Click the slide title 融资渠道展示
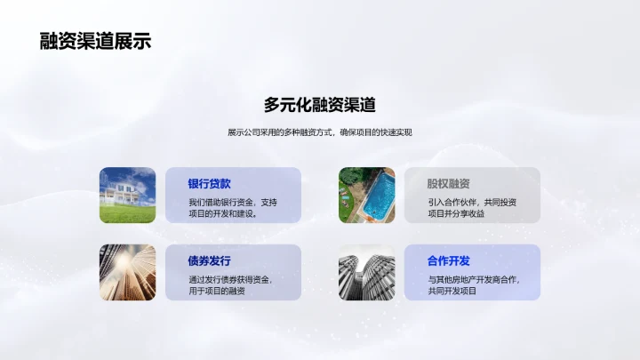pos(95,41)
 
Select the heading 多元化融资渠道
pos(320,105)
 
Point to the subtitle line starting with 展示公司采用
pos(320,132)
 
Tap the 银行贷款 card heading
pos(210,184)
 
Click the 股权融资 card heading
pos(449,184)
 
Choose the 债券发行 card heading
pos(210,260)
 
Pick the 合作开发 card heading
pos(449,260)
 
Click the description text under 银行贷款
pos(233,207)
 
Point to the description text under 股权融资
pos(471,207)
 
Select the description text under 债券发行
pos(230,284)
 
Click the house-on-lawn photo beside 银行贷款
pos(127,195)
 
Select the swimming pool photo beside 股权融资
pos(366,195)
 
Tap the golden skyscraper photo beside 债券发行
pos(127,272)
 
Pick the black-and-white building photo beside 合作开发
pos(366,272)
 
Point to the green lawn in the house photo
pos(127,213)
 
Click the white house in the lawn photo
pos(123,193)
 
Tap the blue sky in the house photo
pos(142,175)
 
